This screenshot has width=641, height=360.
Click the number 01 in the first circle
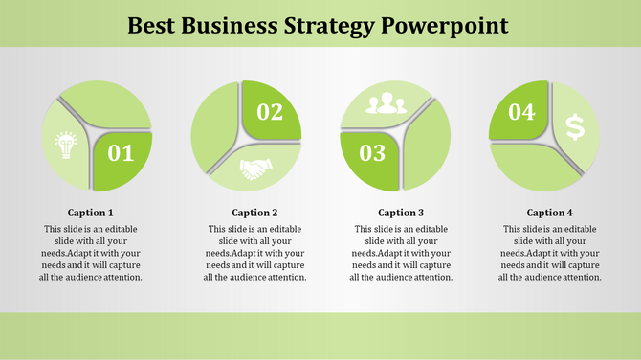122,152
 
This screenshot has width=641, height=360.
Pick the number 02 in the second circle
270,112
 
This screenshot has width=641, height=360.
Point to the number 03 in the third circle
372,152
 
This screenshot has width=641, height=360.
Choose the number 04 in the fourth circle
520,112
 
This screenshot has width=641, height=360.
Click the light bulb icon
66,145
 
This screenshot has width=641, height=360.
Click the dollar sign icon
574,126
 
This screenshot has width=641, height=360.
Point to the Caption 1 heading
91,213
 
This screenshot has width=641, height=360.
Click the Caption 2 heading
254,213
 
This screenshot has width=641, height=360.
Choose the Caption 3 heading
401,213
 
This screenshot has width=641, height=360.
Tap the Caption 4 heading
550,213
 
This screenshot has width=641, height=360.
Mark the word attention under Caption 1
120,277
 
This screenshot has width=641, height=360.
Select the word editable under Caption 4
579,229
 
